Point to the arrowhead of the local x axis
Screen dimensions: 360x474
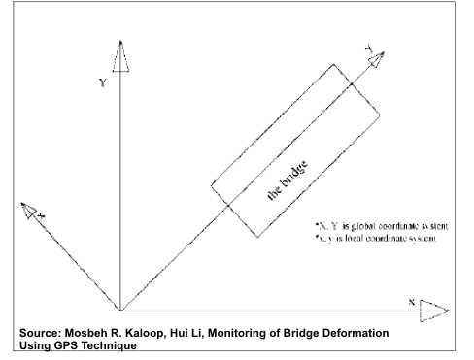tap(32, 210)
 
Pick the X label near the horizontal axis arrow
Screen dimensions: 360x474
tap(412, 302)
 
